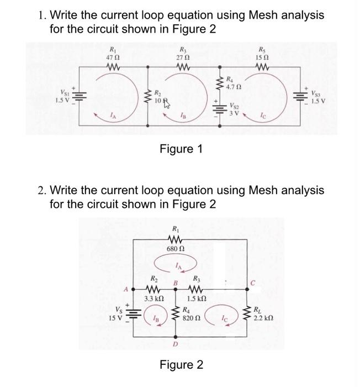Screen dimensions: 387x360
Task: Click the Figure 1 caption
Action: point(181,149)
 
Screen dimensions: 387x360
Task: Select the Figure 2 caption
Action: point(181,365)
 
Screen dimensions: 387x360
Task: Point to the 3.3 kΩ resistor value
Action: point(151,299)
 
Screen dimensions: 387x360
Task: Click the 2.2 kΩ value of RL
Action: point(263,318)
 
